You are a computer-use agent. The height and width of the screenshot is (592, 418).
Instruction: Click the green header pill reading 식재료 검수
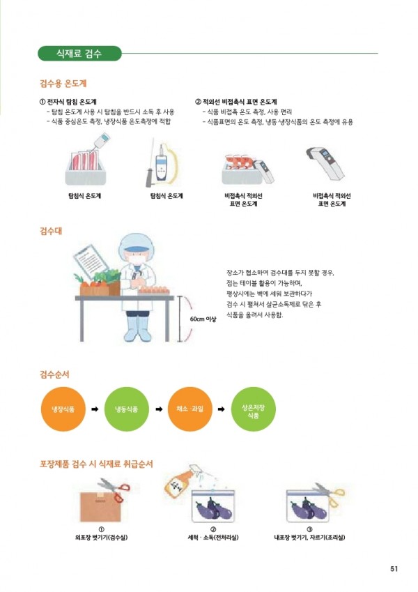coord(79,53)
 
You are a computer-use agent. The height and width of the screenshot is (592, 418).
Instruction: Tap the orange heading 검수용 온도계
coord(63,83)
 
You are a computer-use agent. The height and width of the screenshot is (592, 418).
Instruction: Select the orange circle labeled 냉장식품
coord(63,409)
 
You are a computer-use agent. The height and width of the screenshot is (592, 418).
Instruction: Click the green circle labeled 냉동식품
coord(126,409)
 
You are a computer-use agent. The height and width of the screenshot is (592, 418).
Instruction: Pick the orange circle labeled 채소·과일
coord(189,409)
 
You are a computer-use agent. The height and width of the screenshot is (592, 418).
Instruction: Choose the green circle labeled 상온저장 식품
coord(253,409)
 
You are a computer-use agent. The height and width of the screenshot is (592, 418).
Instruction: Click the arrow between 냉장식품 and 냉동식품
coord(95,409)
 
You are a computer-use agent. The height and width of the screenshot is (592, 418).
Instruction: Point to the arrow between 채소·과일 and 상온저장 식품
coord(222,409)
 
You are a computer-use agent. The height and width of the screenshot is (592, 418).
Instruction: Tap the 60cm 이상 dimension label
coord(203,319)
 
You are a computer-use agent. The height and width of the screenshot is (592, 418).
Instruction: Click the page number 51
coord(394,568)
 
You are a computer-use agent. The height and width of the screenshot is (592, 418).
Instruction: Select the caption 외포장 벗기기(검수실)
coord(101,537)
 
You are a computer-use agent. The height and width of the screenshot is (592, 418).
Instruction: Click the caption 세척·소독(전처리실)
coord(213,537)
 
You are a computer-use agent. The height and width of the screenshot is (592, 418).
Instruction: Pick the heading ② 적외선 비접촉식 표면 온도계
coord(235,102)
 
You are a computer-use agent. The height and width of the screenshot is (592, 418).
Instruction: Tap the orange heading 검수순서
coord(55,374)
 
